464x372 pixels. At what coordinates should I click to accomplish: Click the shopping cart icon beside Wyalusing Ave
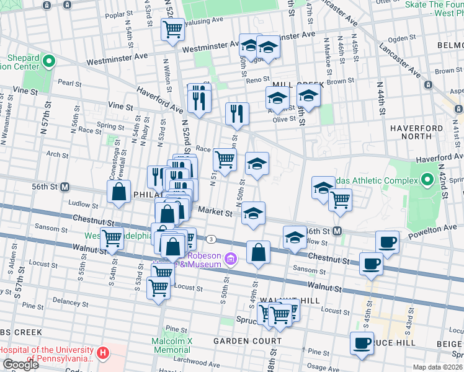(x=172, y=29)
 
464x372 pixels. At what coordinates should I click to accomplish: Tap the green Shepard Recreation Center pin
(x=49, y=61)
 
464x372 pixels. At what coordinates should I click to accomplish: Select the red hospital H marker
(x=104, y=353)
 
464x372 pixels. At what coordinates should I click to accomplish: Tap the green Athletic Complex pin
(x=427, y=180)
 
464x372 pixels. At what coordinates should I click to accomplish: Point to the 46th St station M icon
(x=337, y=231)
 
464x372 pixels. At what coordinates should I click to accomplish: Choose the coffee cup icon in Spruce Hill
(x=362, y=343)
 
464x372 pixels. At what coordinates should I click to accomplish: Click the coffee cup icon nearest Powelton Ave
(x=388, y=241)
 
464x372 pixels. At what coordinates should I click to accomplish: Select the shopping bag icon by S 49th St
(x=258, y=252)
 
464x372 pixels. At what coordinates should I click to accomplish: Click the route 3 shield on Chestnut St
(x=212, y=239)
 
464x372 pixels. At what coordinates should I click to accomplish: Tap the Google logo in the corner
(x=20, y=365)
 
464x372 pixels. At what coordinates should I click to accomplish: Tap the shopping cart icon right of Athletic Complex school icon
(x=340, y=200)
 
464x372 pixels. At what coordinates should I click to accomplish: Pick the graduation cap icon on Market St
(x=253, y=213)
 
